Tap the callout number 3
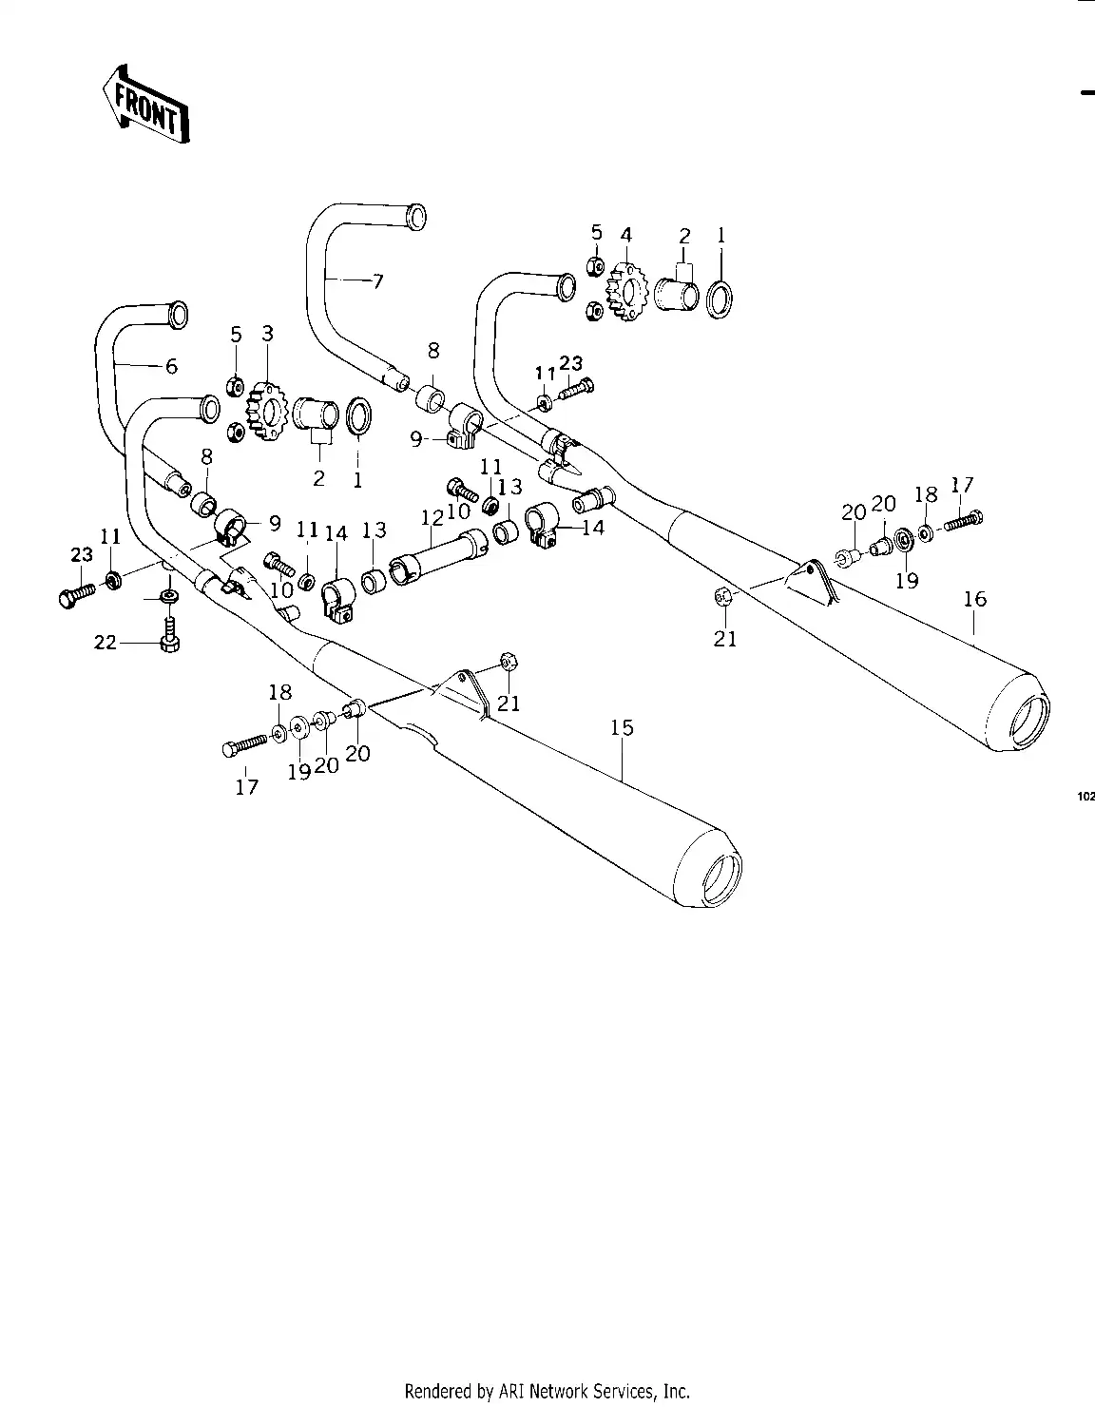click(x=267, y=333)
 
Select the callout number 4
click(x=625, y=235)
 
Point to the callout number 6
click(x=171, y=366)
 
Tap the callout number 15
click(x=622, y=727)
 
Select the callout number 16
click(x=974, y=599)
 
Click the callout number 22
click(x=105, y=643)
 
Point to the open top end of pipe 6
click(x=176, y=313)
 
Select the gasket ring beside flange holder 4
click(x=720, y=297)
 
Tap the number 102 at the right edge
click(x=1085, y=797)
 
